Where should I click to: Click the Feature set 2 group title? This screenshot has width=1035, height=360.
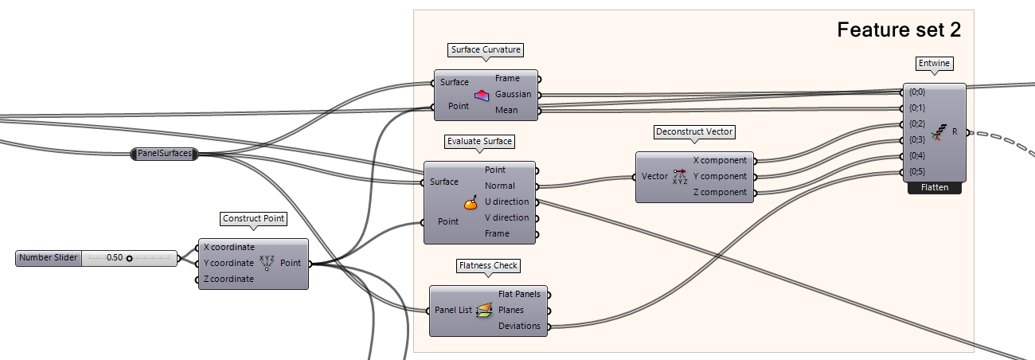[x=899, y=30]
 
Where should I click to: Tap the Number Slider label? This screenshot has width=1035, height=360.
[x=47, y=258]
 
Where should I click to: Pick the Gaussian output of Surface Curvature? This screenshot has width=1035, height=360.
[x=513, y=94]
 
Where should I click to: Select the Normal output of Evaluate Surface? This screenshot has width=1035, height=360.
[x=500, y=186]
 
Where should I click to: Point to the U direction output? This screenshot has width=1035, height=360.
[x=506, y=202]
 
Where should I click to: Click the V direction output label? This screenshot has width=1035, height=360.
[x=506, y=217]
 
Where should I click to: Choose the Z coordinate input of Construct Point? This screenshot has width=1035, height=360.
[x=228, y=279]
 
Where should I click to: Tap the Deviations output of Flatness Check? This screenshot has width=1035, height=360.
[x=519, y=326]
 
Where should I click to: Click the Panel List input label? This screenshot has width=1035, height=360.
[x=452, y=310]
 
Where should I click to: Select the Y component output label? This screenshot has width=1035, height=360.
[x=720, y=176]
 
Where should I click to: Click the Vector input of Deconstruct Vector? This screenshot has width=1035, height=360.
[x=654, y=176]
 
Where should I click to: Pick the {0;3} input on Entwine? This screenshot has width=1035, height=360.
[x=917, y=139]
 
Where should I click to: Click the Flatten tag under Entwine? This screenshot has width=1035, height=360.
[x=934, y=189]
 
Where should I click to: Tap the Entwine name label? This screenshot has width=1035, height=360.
[x=934, y=63]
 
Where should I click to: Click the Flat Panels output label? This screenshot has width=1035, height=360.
[x=519, y=294]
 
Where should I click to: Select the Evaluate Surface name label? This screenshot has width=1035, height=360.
[x=479, y=141]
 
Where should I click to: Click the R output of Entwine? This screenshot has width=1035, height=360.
[x=955, y=131]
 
